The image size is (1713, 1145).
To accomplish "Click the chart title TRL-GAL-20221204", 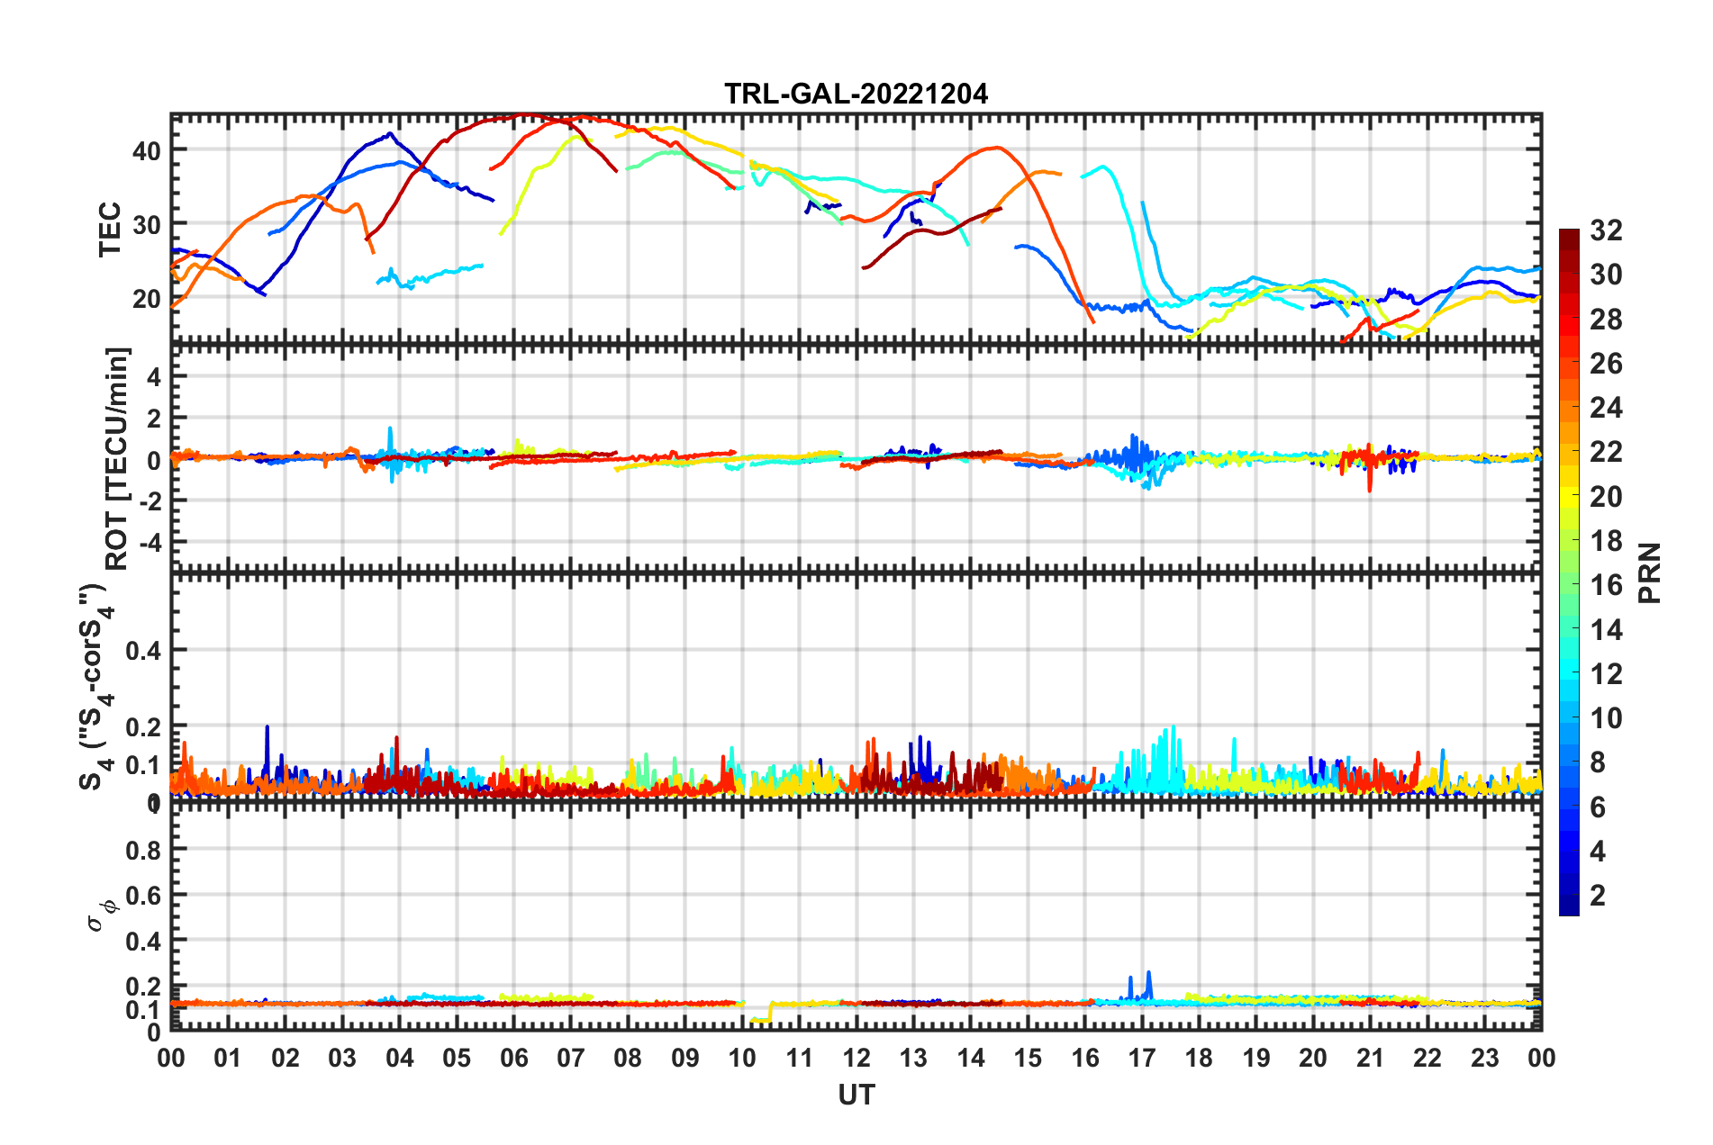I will (856, 94).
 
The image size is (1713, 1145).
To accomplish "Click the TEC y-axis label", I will (110, 230).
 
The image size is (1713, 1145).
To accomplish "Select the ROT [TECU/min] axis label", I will (117, 459).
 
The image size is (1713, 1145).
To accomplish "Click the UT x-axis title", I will (856, 1095).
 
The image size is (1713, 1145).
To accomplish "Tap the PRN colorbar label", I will (1650, 572).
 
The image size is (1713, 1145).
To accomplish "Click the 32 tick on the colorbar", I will (1606, 230).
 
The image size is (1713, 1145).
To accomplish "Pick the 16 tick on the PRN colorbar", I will (1606, 585).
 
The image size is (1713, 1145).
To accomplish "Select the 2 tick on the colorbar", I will (1598, 895).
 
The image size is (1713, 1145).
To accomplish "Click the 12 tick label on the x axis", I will (856, 1058).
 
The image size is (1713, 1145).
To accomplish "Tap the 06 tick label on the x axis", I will (513, 1058).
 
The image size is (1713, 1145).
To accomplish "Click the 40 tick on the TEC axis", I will (147, 150).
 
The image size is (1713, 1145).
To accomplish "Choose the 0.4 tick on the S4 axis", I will (143, 650).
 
